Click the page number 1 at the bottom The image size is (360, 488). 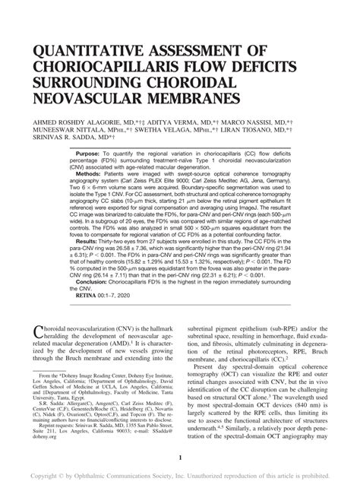pyautogui.click(x=180, y=457)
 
